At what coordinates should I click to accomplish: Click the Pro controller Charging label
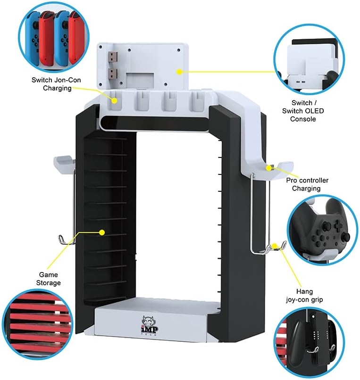click(x=307, y=184)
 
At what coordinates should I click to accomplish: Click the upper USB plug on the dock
click(x=113, y=59)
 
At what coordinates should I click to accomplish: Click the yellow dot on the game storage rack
click(x=101, y=232)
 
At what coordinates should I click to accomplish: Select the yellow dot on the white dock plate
click(x=179, y=72)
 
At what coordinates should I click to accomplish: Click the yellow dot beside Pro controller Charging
click(x=269, y=167)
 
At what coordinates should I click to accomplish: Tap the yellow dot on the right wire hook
click(x=275, y=245)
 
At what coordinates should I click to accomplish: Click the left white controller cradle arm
click(x=66, y=163)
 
